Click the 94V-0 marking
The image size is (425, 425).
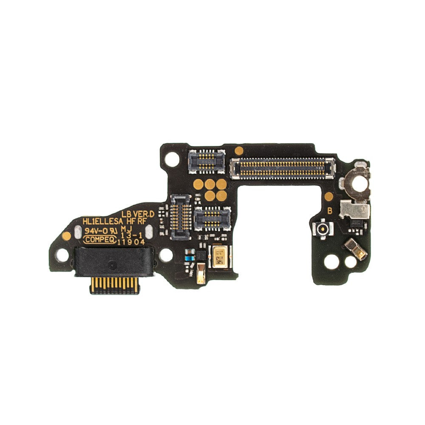[x=96, y=230]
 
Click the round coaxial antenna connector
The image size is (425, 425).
[x=321, y=229]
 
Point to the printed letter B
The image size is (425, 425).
[x=329, y=210]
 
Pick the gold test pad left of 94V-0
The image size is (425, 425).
[x=66, y=235]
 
